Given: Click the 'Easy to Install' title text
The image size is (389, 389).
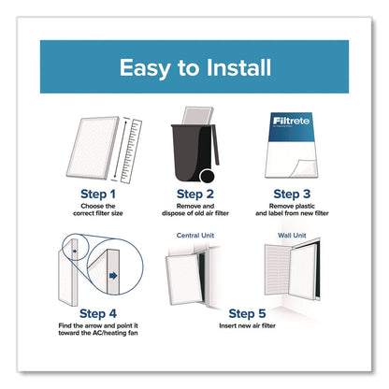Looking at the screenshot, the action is coord(195,67).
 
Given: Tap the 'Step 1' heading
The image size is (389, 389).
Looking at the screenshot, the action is coord(98,194).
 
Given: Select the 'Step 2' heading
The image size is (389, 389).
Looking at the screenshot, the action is coord(195,194).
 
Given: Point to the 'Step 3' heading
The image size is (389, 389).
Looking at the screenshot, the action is coord(292,194).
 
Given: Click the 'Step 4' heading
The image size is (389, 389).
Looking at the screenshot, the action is coord(98,313).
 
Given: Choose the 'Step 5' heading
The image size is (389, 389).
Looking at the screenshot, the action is coord(247,313).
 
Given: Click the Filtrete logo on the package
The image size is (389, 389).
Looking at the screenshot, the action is coord(291,121).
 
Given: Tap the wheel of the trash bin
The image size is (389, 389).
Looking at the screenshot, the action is coord(207,177).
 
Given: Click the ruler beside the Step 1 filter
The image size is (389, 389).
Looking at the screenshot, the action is coord(131,151).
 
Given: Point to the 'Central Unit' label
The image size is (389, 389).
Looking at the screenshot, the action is coord(195,236).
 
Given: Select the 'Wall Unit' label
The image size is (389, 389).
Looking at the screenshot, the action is coord(292,236).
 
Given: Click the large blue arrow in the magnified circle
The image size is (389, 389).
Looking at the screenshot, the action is coord(113,275).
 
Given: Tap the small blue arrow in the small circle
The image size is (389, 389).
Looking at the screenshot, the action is coord(75,251).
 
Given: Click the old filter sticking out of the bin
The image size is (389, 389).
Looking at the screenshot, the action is coord(197,116).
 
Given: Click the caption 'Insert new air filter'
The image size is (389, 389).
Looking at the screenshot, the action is coord(247,325).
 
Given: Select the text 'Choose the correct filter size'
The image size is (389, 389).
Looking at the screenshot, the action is coord(98,209).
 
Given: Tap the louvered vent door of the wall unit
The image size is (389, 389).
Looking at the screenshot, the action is coord(278,269).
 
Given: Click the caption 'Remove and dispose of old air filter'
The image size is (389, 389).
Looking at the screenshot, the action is coord(195,209).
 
